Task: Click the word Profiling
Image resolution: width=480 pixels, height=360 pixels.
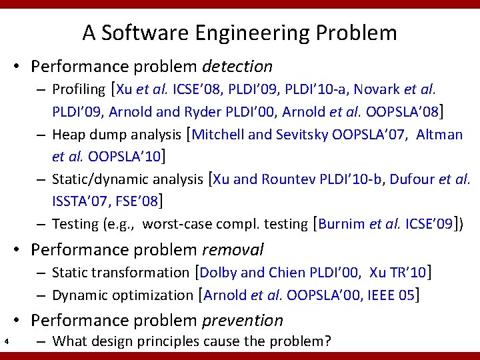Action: click(x=79, y=89)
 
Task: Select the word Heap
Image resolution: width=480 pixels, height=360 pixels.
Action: click(x=67, y=135)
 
